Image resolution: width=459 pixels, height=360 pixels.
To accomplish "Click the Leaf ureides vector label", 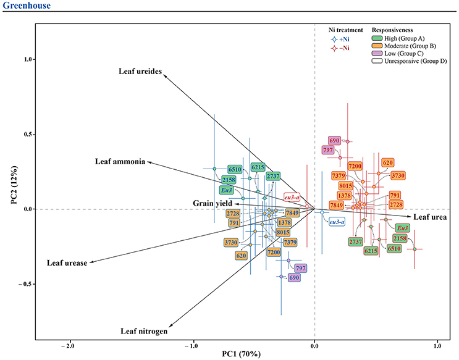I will click(x=140, y=71).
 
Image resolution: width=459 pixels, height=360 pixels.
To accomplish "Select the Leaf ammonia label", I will click(x=120, y=162).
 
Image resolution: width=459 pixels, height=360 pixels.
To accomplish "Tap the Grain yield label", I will click(x=210, y=203).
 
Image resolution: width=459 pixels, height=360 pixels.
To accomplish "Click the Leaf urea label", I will click(x=431, y=217).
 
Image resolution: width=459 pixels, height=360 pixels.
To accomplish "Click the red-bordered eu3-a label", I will click(x=292, y=197).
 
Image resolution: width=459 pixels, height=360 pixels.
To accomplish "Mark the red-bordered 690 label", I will click(x=335, y=141).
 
